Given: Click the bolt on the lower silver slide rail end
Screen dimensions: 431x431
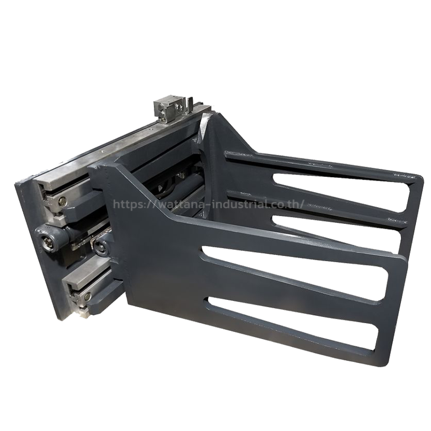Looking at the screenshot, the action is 88,296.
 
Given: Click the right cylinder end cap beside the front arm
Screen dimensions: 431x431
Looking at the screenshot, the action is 100,245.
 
